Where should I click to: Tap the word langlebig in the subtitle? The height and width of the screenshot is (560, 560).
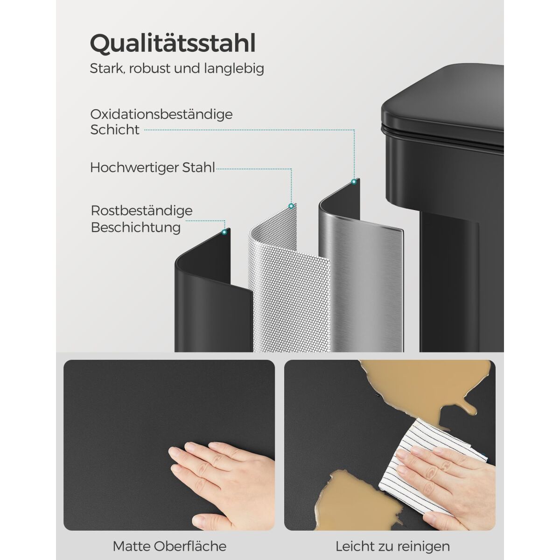click(234, 69)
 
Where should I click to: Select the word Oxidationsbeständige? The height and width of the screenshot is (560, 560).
click(161, 114)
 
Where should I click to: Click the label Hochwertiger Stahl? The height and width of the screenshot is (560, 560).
click(153, 168)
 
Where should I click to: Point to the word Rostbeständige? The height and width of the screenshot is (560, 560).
click(141, 210)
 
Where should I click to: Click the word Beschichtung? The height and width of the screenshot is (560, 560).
click(136, 227)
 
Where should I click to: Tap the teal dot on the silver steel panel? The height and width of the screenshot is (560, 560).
click(354, 182)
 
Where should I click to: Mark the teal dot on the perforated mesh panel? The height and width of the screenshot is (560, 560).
click(291, 206)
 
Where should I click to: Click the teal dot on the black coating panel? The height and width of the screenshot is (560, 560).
click(224, 232)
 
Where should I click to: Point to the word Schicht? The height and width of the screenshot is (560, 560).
click(115, 130)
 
